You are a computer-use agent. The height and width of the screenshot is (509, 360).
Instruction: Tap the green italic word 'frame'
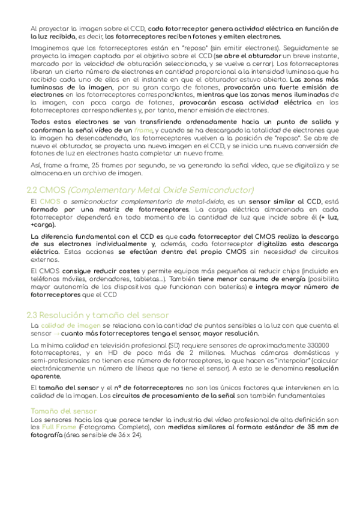pos(143,130)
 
